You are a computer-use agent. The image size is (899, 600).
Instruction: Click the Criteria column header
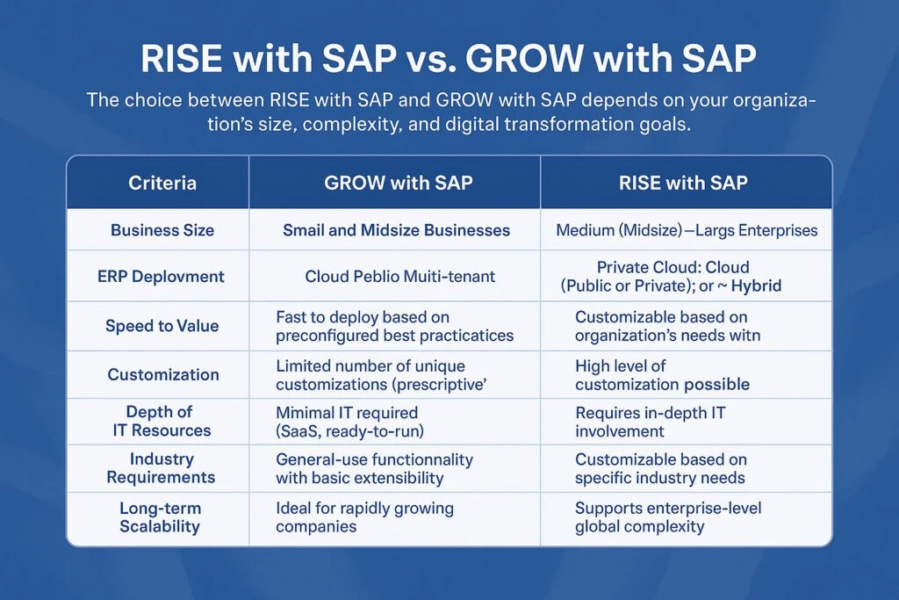point(162,184)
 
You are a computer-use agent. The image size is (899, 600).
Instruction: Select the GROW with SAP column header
point(399,184)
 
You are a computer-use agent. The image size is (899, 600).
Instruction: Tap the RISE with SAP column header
point(687,184)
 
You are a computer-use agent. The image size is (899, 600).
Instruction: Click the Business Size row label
point(162,231)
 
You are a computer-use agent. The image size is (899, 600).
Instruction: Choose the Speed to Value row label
point(162,326)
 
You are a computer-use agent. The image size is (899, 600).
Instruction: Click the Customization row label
point(163,375)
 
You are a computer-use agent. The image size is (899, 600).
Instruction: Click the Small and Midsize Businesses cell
point(396,231)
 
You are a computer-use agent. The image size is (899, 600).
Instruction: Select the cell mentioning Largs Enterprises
point(687,231)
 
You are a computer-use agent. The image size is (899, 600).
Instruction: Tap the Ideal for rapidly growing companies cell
point(364,517)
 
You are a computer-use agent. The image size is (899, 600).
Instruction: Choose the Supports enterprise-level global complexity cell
point(667,517)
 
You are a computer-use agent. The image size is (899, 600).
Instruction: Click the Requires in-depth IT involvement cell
point(650,422)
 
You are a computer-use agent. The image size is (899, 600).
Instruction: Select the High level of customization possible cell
point(662,375)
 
